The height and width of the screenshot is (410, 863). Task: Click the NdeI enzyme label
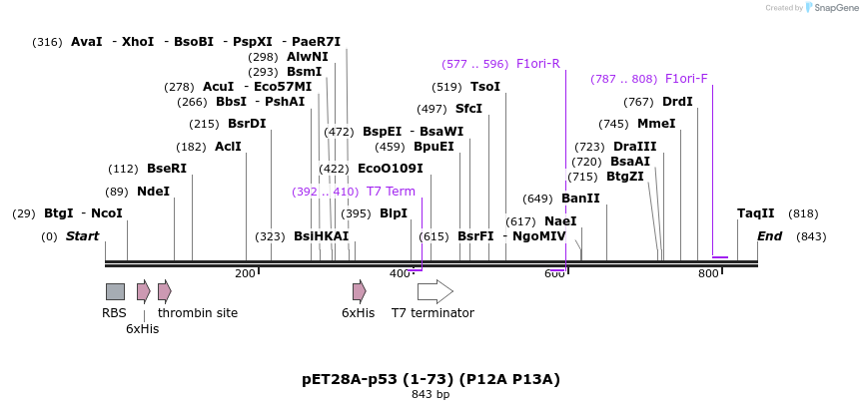(x=153, y=192)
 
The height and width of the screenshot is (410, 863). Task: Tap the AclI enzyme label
(x=228, y=147)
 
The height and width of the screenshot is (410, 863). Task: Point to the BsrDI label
(x=247, y=124)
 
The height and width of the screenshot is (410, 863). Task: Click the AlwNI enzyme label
(x=308, y=57)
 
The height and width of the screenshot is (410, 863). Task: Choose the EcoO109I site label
(x=391, y=169)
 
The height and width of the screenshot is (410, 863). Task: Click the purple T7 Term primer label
(x=391, y=192)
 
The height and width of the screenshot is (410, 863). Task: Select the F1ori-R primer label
(x=538, y=64)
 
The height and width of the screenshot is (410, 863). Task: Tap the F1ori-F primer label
(x=686, y=79)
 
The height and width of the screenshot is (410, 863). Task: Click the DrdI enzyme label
(x=677, y=102)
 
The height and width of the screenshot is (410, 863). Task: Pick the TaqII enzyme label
(x=755, y=213)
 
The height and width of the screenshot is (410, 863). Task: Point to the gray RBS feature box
(x=115, y=291)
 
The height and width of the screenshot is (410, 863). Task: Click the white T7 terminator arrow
(x=434, y=291)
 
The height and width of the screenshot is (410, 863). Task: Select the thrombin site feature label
(x=198, y=313)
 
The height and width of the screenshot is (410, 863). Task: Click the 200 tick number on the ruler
(x=245, y=273)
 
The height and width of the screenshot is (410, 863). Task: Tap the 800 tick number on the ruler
(x=708, y=273)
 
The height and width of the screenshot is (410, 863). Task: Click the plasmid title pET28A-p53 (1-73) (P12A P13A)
(x=431, y=379)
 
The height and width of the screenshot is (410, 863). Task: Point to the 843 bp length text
(x=431, y=395)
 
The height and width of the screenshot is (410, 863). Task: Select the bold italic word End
(x=769, y=236)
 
